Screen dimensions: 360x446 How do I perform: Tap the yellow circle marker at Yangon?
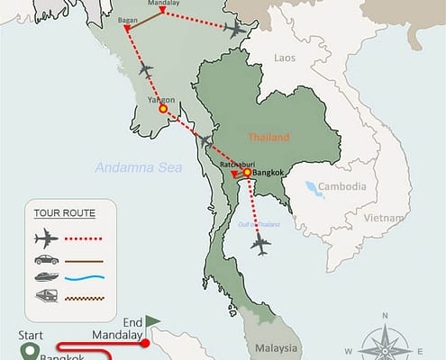pos(163,109)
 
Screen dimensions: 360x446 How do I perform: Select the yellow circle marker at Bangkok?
pos(247,172)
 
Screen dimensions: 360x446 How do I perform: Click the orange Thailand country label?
pos(269,138)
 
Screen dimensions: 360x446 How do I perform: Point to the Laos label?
pos(285,58)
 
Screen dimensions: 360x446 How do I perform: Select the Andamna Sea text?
pos(137,167)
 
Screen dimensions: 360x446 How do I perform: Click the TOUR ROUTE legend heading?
pos(64,213)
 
